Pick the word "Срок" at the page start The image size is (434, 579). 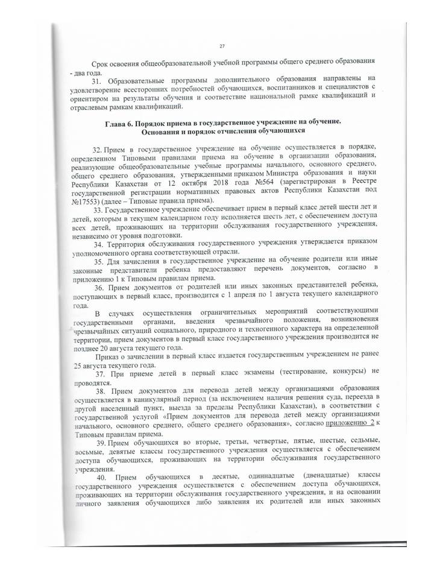pos(101,63)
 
